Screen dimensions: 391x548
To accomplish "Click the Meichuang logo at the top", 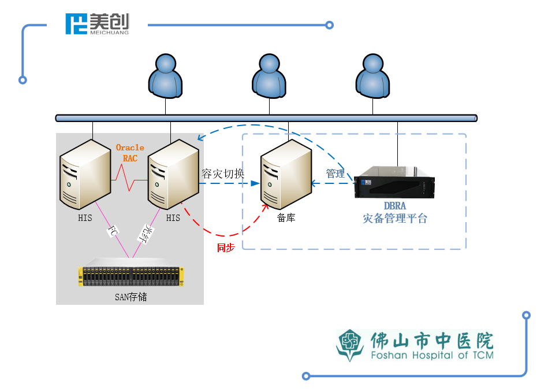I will tap(97, 24).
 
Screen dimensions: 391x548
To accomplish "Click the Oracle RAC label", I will tap(130, 153).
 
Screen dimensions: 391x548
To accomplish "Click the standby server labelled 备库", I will tap(286, 178).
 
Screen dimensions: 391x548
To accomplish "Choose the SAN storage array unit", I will tap(131, 276).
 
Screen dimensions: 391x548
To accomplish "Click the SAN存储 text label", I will tap(131, 297).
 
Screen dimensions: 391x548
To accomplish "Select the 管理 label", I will tap(335, 174).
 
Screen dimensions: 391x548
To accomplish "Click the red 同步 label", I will tap(225, 248).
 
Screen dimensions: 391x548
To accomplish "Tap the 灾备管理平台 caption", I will tap(395, 219).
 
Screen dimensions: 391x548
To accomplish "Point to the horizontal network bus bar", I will tap(266, 118).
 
